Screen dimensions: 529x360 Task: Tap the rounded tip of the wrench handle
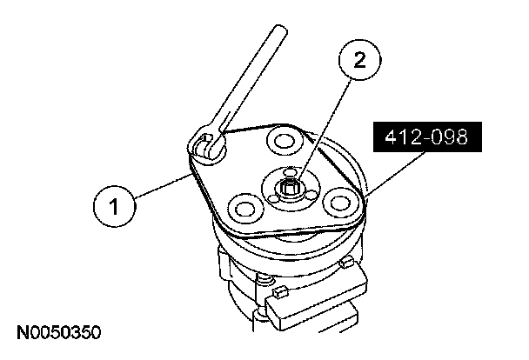(x=279, y=31)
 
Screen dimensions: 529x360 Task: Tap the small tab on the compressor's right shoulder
(x=347, y=262)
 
